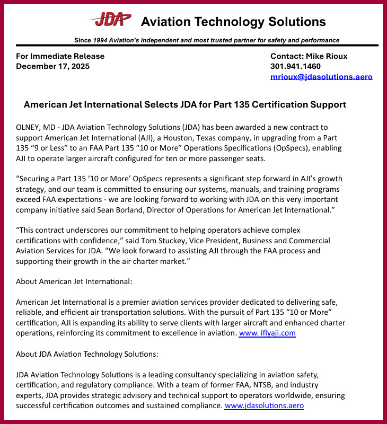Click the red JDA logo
tap(110, 20)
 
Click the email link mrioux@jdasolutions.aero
tap(321, 77)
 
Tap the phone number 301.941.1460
tap(295, 66)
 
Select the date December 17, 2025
tap(52, 66)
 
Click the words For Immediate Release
tap(60, 56)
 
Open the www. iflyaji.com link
tap(267, 333)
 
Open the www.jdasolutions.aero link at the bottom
tap(264, 405)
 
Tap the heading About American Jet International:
tap(74, 281)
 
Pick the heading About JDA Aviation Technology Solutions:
tap(87, 354)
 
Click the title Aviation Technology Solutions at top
tap(233, 22)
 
